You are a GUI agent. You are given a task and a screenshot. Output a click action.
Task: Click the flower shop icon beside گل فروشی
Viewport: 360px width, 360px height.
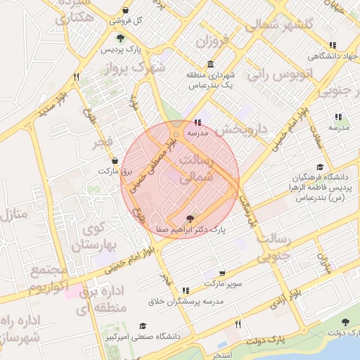point(125,11)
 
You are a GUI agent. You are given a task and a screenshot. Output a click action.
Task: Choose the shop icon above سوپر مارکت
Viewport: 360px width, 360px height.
point(222,274)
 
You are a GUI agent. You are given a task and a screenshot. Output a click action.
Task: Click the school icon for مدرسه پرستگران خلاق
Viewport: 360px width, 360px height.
point(186,290)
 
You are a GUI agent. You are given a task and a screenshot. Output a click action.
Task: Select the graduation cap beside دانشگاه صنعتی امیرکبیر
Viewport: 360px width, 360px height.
point(143,326)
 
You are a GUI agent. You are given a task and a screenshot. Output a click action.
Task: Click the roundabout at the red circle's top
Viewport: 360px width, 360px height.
point(176,133)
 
